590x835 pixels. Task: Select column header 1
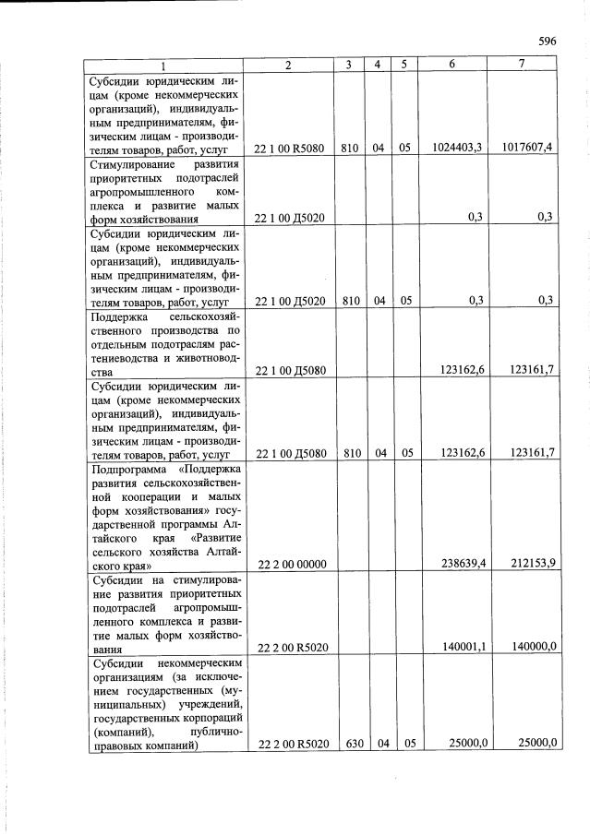tap(163, 66)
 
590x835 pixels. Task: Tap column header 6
tap(452, 65)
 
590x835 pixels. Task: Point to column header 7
tap(522, 64)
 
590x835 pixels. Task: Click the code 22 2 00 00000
tap(289, 563)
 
